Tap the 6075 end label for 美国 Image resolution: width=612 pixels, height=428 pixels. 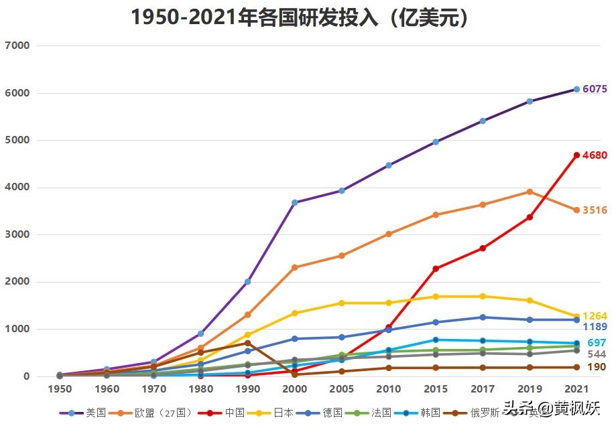(x=595, y=89)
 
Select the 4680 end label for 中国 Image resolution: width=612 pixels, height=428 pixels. (x=595, y=155)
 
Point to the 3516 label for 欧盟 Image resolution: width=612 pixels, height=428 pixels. (x=595, y=210)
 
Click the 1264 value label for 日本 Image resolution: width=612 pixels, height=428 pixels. (x=595, y=316)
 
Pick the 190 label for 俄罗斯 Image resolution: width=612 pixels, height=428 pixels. (x=597, y=367)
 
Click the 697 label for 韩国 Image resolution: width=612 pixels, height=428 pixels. (x=597, y=343)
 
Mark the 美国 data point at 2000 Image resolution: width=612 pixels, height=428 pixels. (x=294, y=202)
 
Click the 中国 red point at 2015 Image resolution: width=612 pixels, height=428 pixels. (x=436, y=269)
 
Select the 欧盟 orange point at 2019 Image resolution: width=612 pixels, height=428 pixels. (x=530, y=192)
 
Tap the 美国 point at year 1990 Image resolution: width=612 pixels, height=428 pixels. (x=247, y=281)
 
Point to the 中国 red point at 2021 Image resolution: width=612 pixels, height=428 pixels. (x=576, y=155)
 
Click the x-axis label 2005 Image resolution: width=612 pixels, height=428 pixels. (x=341, y=388)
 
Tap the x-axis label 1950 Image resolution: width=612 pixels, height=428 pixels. (x=60, y=388)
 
